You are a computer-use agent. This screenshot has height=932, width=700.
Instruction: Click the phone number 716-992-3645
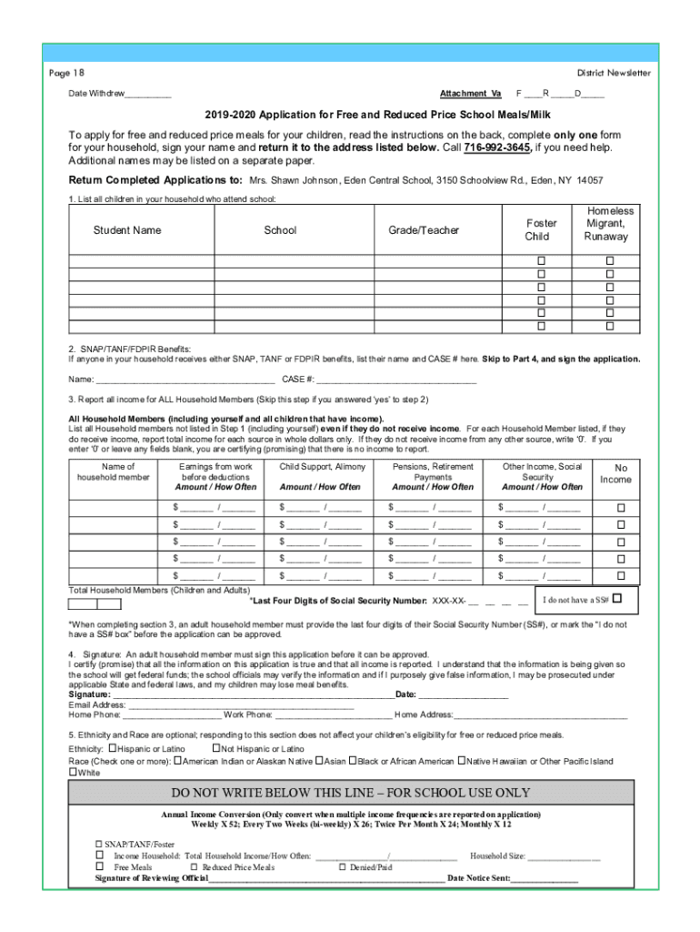tap(497, 148)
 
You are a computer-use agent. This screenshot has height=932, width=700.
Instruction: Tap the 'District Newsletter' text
tap(614, 73)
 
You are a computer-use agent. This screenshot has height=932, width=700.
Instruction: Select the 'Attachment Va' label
tap(470, 94)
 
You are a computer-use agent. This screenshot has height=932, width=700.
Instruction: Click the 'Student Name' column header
tap(127, 230)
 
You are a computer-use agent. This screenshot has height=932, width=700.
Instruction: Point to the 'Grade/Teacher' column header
tap(424, 230)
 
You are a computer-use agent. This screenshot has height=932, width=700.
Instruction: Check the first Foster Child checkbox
tap(541, 261)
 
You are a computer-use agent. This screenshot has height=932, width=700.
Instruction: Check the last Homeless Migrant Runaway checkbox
tap(610, 326)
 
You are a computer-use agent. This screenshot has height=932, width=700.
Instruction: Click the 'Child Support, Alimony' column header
tap(323, 467)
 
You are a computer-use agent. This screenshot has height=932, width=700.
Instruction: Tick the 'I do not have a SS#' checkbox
tap(617, 599)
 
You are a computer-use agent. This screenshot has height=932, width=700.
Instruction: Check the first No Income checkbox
tap(622, 508)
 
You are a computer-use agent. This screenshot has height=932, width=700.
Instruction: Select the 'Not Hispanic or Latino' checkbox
tap(215, 748)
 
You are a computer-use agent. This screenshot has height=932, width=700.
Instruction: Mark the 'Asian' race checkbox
tap(319, 761)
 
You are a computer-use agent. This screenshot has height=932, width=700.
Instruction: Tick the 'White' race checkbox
tap(74, 773)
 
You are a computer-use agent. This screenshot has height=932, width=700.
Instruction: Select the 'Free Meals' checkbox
tap(100, 867)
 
